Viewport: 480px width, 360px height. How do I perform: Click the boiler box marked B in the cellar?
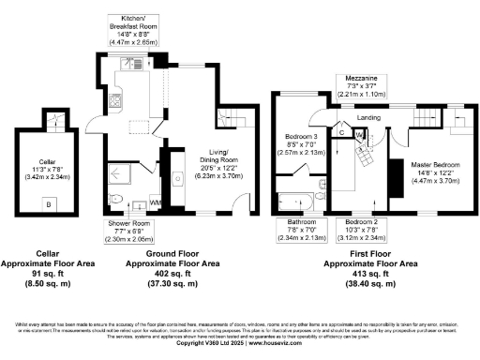(x=48, y=202)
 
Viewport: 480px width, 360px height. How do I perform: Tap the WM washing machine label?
(x=155, y=201)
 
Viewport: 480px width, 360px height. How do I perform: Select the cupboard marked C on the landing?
(x=343, y=133)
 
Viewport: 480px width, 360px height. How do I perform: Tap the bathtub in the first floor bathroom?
(x=303, y=200)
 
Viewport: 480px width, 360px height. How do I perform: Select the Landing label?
(x=367, y=117)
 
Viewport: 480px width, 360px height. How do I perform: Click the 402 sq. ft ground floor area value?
(x=172, y=282)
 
